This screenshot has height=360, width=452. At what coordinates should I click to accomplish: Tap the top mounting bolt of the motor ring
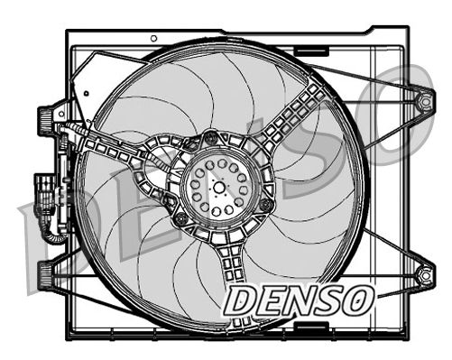tap(212, 138)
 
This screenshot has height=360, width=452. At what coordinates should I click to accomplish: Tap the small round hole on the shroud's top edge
tap(153, 39)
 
